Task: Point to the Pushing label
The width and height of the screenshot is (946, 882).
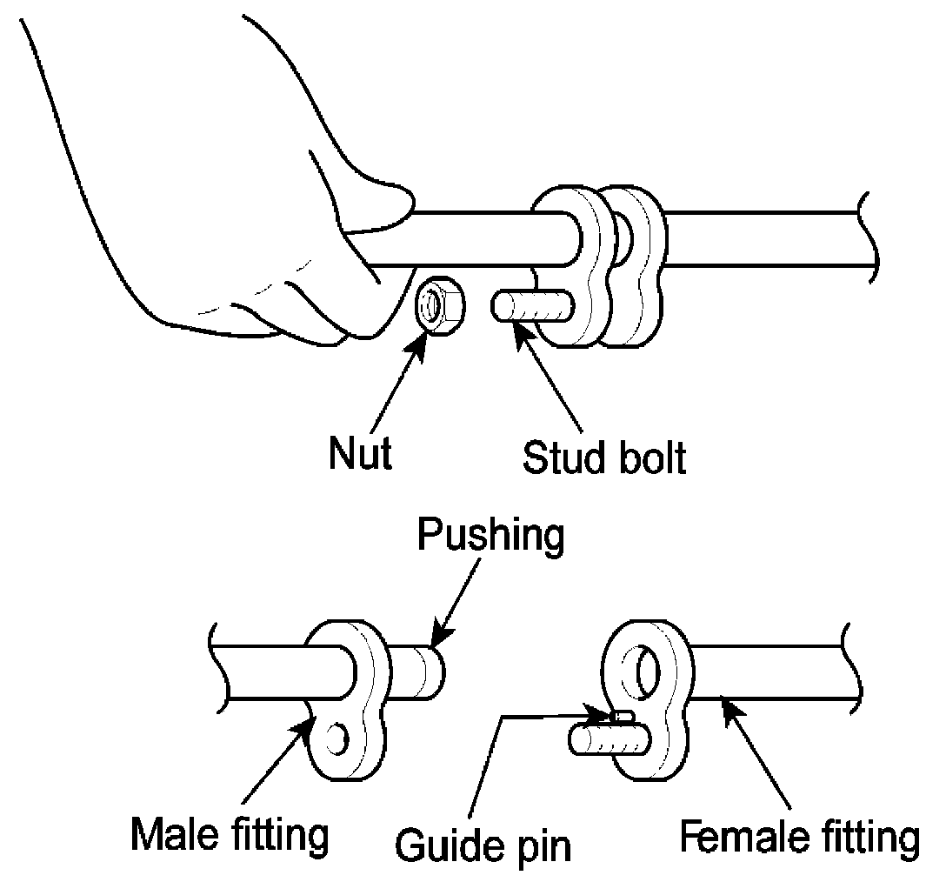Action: [490, 536]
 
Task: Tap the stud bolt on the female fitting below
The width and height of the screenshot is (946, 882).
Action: [604, 740]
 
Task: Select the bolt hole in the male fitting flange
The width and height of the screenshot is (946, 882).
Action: [338, 740]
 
